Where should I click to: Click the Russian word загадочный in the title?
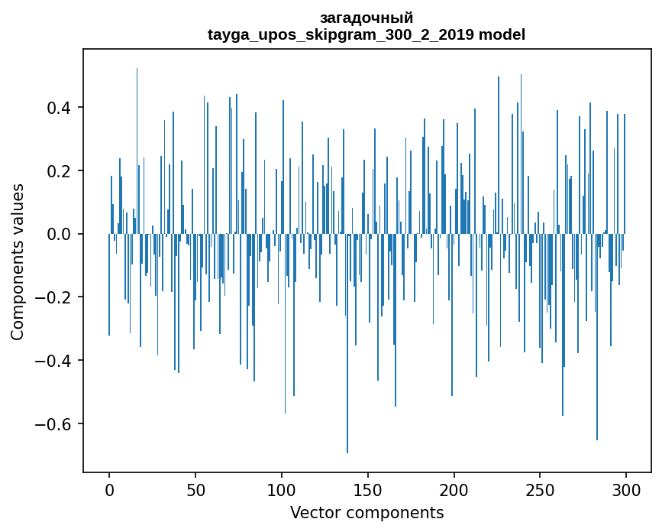pyautogui.click(x=367, y=18)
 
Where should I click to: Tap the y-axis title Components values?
pyautogui.click(x=18, y=261)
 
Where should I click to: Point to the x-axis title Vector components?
pyautogui.click(x=367, y=512)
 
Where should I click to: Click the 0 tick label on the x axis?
pyautogui.click(x=109, y=490)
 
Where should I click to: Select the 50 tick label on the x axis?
pyautogui.click(x=195, y=490)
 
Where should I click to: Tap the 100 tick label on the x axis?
pyautogui.click(x=282, y=490)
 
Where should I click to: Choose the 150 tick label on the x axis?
pyautogui.click(x=368, y=490)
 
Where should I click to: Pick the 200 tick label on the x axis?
pyautogui.click(x=454, y=490)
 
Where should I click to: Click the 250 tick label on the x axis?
pyautogui.click(x=541, y=490)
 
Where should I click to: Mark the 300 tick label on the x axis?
pyautogui.click(x=626, y=490)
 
